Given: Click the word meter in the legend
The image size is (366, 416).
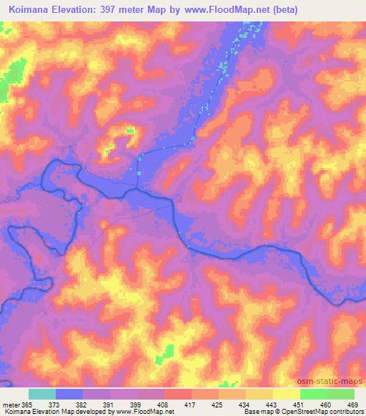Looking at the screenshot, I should click(9, 404).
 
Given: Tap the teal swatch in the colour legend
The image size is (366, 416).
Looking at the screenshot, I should click(42, 394).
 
